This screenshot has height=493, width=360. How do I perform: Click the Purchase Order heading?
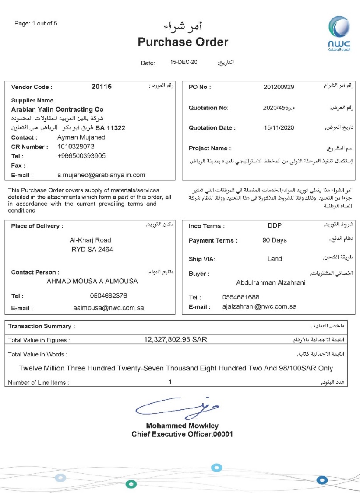pos(183,42)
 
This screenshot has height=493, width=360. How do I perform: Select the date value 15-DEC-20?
pos(184,62)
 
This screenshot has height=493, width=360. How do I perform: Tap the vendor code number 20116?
pos(102,87)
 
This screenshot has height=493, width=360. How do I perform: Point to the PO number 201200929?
pos(279,87)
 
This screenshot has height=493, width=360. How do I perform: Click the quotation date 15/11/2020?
pos(279,128)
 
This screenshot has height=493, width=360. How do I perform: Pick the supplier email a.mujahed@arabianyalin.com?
pos(101,175)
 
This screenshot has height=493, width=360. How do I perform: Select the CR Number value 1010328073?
pos(76,147)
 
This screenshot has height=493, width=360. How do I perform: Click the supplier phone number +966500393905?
pos(81,156)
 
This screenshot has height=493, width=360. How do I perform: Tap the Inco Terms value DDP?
pos(275,226)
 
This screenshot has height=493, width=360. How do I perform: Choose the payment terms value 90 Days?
pos(275,240)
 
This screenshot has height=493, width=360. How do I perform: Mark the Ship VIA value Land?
pos(275,259)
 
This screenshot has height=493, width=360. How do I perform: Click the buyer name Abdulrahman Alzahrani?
pos(271,282)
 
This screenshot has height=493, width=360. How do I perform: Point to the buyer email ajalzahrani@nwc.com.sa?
pos(259,306)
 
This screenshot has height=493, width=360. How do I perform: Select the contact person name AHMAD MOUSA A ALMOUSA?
pos(92,282)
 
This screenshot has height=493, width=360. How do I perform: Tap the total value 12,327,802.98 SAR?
pos(176,339)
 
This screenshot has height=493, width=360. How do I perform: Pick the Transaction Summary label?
pos(41,326)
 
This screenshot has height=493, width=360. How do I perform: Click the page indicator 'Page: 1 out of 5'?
pos(36,23)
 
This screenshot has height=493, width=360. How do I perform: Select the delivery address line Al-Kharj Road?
pos(90,240)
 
